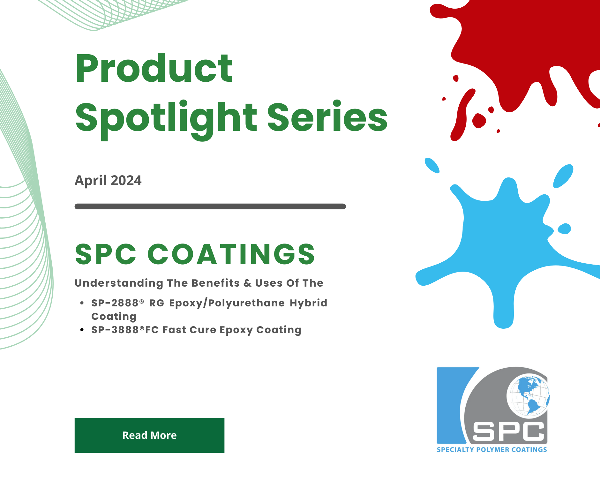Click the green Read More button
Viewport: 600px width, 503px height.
click(x=149, y=435)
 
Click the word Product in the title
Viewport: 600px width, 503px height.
click(x=154, y=68)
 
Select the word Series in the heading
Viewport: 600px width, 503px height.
click(x=327, y=116)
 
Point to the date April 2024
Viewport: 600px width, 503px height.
click(x=108, y=180)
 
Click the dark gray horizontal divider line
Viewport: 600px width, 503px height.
click(x=210, y=206)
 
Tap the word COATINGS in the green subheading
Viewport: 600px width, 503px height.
click(x=231, y=254)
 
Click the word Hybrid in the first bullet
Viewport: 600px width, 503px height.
click(x=309, y=303)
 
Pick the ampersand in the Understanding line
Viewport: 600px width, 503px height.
click(x=247, y=283)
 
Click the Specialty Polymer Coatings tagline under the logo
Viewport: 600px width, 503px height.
click(x=492, y=450)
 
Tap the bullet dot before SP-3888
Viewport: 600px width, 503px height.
click(x=82, y=330)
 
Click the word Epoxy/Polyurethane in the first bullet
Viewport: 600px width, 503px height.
click(x=227, y=303)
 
